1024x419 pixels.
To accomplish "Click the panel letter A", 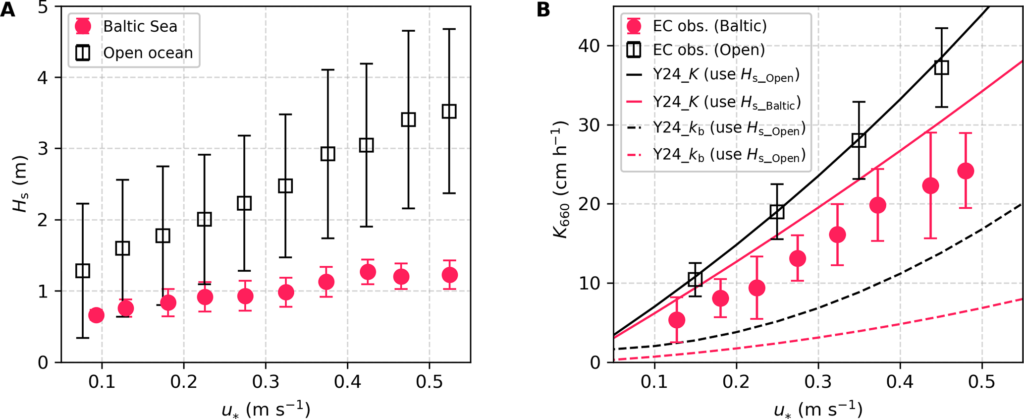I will point(7,10).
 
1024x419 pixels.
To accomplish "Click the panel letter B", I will point(543,10).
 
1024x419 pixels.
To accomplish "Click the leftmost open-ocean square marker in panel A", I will point(83,271).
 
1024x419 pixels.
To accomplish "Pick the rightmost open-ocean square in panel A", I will point(449,112).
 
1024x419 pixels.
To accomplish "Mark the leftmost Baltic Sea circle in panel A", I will point(96,315).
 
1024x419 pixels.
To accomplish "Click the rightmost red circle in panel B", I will point(966,171).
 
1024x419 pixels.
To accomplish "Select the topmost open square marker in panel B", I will point(941,67).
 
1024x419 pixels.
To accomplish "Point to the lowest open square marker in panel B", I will point(696,280).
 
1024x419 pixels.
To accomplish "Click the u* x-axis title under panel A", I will point(266,410).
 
